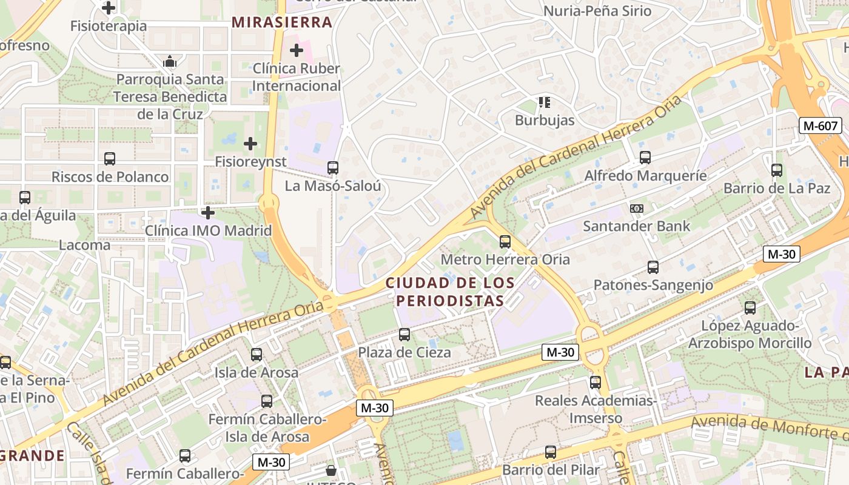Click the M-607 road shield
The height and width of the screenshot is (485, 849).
820,126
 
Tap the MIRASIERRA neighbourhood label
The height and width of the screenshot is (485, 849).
282,22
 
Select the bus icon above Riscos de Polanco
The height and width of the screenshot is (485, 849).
110,159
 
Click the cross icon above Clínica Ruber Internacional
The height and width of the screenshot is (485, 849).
297,50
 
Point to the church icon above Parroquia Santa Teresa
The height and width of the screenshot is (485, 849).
170,61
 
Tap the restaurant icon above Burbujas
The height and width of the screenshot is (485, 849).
544,102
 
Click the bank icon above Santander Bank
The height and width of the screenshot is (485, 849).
636,208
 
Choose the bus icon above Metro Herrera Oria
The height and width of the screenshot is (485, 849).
505,242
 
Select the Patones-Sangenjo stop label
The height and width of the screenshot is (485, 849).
653,285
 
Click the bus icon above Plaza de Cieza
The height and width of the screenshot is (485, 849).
404,334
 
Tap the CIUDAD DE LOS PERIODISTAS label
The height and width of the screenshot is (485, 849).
449,292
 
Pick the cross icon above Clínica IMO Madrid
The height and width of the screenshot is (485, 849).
208,213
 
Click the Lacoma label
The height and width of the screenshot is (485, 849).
84,245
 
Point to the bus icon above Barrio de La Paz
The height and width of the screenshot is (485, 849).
777,170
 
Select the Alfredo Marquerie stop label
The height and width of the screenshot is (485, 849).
645,176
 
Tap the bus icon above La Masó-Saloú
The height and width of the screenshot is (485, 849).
333,168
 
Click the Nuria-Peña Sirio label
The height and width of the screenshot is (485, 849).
597,11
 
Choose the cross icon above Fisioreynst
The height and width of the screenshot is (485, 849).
250,144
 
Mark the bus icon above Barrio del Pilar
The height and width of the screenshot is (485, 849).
550,452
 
